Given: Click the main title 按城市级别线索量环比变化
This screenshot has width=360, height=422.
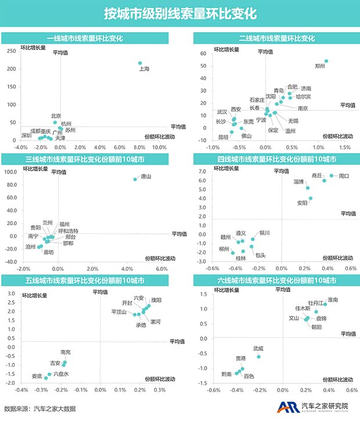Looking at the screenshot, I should [179, 13].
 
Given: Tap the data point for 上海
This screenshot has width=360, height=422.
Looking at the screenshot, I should [140, 63].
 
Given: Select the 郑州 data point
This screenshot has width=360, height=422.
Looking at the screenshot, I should [326, 61].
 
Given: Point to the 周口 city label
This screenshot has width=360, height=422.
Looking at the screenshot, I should [344, 175].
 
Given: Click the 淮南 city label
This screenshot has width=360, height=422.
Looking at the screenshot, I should [333, 300].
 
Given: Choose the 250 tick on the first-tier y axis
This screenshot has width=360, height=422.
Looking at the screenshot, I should [11, 51].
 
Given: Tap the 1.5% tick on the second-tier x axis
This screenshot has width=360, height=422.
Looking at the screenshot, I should [345, 147].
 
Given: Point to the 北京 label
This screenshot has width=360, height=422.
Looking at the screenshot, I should [56, 116].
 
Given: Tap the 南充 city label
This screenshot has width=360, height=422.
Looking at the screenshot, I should [66, 352].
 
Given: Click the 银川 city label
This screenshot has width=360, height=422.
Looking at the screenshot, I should [264, 233].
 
